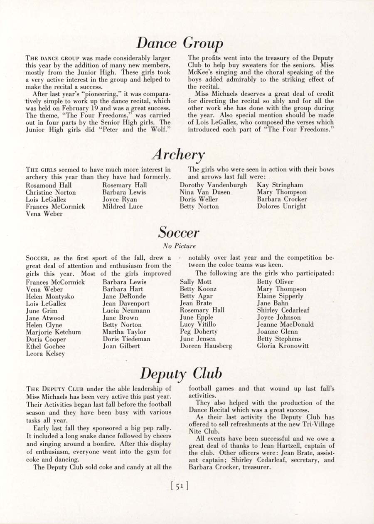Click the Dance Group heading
click(180, 43)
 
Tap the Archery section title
click(178, 155)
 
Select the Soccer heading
click(179, 232)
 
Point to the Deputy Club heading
click(181, 373)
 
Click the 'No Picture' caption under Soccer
click(180, 246)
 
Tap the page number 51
click(180, 485)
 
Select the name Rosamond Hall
click(49, 185)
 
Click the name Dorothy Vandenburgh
click(213, 185)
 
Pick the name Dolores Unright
click(281, 206)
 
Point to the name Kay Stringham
click(280, 185)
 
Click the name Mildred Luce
click(123, 206)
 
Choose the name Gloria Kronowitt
click(283, 346)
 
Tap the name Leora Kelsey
click(45, 354)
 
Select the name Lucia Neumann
click(126, 310)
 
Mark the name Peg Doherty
click(199, 332)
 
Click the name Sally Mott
click(195, 282)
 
